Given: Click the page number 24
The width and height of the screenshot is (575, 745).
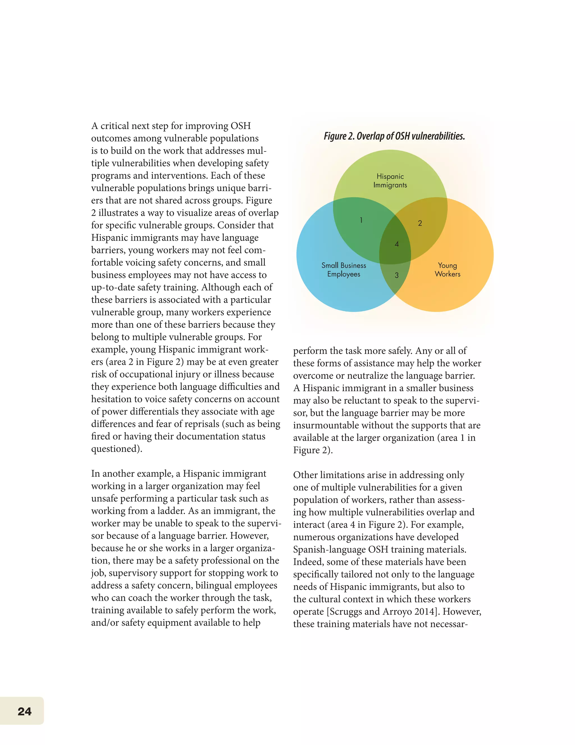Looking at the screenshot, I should click(24, 711).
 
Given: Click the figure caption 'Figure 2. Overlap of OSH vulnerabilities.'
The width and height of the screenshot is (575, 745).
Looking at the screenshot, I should click(394, 136).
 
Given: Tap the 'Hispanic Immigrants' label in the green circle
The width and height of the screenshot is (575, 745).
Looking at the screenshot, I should click(390, 181).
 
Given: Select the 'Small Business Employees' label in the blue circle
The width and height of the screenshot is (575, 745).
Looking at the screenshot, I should click(344, 270).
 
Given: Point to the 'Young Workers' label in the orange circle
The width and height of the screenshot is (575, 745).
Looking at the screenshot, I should click(447, 270).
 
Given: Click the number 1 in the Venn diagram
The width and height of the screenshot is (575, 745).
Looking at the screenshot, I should click(361, 220).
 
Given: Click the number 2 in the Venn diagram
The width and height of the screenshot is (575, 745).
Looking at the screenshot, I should click(420, 223).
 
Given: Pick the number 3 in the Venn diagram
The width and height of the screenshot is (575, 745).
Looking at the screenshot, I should click(396, 275).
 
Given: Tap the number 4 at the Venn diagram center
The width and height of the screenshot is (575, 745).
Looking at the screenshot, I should click(396, 244).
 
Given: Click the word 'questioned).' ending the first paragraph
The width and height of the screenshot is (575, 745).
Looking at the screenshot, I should click(117, 449).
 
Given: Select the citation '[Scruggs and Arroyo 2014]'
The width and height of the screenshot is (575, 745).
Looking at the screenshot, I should click(383, 612).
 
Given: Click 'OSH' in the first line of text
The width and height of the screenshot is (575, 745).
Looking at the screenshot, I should click(241, 126).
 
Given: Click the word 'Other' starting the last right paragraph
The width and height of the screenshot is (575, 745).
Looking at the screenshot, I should click(305, 475).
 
